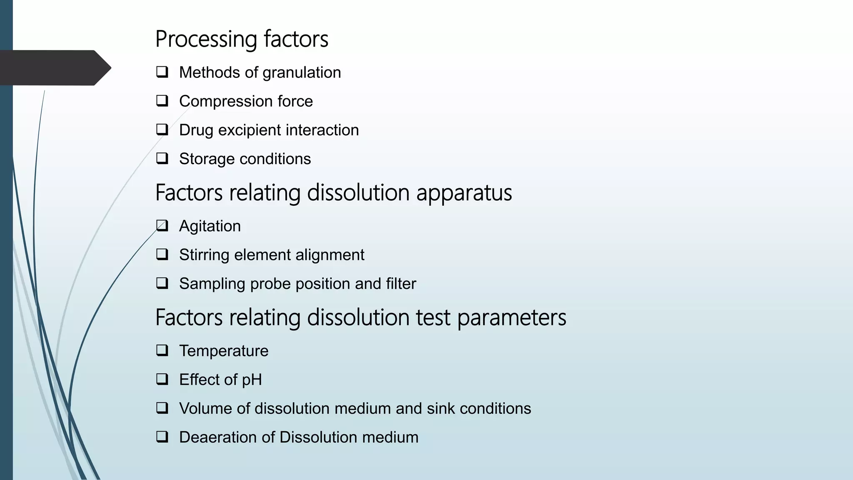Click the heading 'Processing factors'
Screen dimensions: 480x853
[x=242, y=39]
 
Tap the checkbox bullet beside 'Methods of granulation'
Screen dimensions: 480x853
[x=162, y=72]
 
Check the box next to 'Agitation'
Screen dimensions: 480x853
[x=162, y=226]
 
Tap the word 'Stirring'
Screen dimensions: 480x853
[x=204, y=255]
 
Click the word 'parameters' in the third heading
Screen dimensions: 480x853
[x=511, y=318]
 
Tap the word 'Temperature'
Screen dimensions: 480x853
[x=224, y=351]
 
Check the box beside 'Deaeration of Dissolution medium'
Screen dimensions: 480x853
[x=162, y=437]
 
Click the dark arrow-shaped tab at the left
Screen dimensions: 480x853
[x=54, y=68]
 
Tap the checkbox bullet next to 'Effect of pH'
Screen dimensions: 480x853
[x=162, y=379]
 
